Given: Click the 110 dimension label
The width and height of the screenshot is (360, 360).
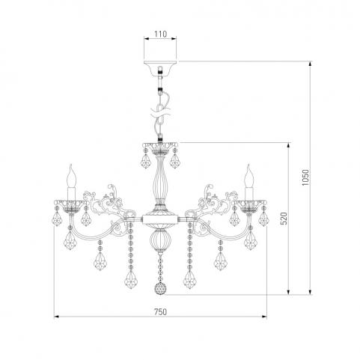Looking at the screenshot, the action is click(160, 34).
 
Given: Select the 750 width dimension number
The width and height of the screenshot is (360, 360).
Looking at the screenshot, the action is click(160, 311).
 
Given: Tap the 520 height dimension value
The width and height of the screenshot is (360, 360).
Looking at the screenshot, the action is click(284, 219).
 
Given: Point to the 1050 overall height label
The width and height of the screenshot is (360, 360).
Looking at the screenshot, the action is click(305, 177).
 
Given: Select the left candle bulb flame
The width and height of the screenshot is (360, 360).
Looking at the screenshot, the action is click(72, 175).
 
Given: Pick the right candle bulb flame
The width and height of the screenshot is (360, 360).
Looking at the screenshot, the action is click(249, 175).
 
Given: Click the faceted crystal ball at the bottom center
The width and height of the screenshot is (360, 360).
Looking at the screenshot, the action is click(160, 288).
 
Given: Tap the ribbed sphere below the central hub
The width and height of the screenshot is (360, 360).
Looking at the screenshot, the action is click(160, 240).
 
